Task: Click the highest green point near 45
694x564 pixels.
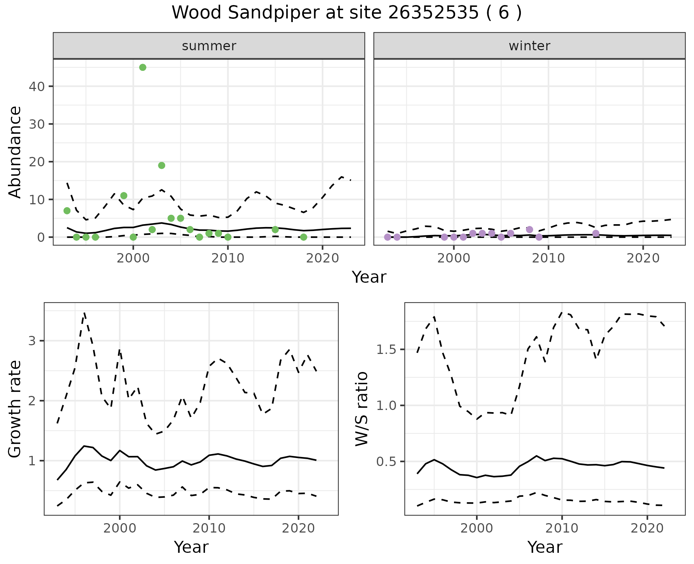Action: coord(143,67)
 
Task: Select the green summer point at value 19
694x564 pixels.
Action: coord(162,165)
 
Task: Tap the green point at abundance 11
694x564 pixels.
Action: coord(124,196)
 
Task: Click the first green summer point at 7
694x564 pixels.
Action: coord(67,210)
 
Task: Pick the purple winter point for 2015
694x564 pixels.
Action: coord(596,233)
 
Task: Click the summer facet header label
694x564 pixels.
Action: coord(209,46)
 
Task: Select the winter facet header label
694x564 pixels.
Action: coord(529,46)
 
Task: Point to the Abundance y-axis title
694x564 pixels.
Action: coord(15,152)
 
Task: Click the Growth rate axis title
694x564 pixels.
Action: coord(15,409)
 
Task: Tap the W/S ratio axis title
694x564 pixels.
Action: coord(362,409)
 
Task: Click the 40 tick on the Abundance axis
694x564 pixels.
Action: coord(38,86)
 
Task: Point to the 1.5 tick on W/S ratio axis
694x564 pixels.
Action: coord(386,350)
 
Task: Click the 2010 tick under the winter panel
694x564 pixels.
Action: coord(548,258)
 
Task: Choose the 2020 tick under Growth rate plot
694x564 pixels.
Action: coord(298,528)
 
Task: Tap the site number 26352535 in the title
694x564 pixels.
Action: coord(432,13)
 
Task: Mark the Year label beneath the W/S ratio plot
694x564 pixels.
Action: coord(545,547)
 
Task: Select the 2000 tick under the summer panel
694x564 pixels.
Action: coord(133,258)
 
